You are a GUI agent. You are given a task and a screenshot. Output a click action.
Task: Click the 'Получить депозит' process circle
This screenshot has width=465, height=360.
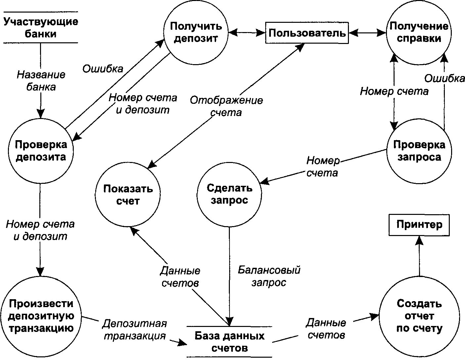196,32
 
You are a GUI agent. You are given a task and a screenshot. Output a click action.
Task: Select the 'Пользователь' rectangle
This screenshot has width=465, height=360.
307,33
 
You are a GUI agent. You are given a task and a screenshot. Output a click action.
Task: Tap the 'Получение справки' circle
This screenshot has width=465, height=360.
419,32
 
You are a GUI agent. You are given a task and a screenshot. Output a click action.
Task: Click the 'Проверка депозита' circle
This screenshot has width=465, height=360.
41,150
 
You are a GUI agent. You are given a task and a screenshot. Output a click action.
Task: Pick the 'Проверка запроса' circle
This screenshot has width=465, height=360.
419,150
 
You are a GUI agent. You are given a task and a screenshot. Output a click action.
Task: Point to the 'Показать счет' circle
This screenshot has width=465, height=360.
128,195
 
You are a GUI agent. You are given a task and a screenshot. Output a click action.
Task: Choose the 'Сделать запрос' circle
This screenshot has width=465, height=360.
229,194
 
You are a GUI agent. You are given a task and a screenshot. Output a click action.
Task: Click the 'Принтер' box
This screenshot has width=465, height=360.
419,225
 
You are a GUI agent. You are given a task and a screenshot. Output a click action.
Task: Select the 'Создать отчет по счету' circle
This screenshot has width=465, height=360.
419,316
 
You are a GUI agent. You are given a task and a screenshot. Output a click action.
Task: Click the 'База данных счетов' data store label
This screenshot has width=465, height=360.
229,342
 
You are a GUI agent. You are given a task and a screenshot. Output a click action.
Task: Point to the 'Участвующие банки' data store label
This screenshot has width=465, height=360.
41,28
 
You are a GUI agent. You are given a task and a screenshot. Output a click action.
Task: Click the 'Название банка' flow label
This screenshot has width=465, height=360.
41,81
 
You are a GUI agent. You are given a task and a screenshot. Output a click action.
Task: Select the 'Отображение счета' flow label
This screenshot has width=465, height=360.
226,106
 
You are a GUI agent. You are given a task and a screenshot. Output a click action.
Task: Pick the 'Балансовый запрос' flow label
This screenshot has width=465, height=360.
269,276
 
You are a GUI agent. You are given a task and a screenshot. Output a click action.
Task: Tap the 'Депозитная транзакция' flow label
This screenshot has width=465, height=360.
135,329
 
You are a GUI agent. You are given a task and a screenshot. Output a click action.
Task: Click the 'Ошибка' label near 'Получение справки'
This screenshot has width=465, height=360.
444,78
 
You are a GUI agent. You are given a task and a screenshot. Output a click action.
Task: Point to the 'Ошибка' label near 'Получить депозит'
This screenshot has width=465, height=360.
103,68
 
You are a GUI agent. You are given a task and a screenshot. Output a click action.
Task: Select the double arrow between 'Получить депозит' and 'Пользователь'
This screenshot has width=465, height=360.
247,32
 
